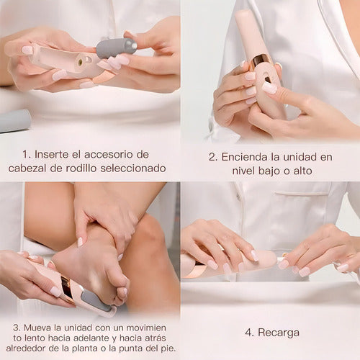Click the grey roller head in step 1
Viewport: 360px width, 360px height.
click(116, 47)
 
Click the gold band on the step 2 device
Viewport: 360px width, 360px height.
click(260, 60)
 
